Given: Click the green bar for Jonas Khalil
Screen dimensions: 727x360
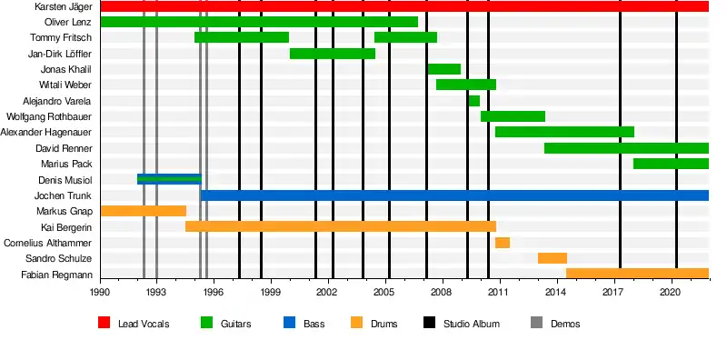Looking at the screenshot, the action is point(444,69).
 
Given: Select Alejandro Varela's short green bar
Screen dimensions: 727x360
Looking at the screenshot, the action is point(473,101).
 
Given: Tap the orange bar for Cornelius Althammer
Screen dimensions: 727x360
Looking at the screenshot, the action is point(503,243).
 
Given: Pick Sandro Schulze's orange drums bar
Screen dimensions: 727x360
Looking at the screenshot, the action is point(553,258).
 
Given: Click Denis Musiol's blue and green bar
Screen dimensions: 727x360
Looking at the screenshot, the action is point(169,179).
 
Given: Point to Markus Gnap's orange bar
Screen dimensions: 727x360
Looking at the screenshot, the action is point(144,211).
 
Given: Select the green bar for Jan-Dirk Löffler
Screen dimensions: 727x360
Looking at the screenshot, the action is point(333,54).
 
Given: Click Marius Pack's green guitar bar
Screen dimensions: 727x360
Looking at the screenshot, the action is point(671,164).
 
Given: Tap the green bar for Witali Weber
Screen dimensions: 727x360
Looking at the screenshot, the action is point(466,85).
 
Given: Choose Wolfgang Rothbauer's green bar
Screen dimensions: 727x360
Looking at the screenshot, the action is point(513,116).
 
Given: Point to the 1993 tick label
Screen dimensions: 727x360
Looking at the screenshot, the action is point(155,292).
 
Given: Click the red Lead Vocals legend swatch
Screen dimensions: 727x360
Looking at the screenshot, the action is point(104,323).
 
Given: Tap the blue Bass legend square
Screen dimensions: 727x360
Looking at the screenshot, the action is point(289,323).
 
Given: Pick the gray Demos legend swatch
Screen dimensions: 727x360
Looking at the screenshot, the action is point(536,323).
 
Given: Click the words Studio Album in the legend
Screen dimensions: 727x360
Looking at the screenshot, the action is point(472,324).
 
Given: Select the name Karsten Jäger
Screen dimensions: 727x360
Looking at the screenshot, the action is point(63,6).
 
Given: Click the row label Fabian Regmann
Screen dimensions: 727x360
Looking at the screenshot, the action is point(56,275).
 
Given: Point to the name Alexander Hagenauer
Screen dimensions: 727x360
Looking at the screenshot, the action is point(46,132).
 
